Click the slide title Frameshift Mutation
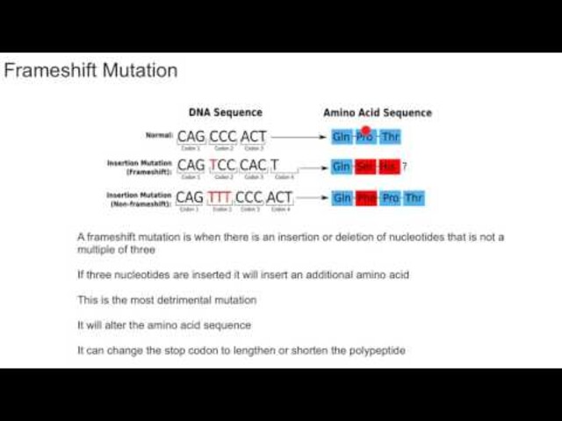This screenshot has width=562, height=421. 90,70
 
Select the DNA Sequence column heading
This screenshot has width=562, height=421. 225,112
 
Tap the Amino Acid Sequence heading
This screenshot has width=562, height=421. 378,112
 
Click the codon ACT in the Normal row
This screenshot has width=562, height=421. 253,137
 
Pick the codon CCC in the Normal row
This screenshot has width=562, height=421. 223,137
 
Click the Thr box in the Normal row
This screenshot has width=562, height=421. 391,137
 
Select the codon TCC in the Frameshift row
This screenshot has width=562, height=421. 223,166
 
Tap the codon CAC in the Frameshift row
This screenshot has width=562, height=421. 253,166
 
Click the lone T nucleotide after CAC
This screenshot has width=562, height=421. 274,166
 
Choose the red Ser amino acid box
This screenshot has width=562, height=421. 366,167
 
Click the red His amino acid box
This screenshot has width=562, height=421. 389,167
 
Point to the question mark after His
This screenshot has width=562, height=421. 405,167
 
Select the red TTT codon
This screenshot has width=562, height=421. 221,197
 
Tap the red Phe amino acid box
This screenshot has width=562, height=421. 366,198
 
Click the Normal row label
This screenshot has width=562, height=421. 158,136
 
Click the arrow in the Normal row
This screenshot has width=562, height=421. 299,137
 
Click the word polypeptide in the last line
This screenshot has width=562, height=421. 375,351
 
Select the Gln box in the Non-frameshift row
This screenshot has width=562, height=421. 342,198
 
